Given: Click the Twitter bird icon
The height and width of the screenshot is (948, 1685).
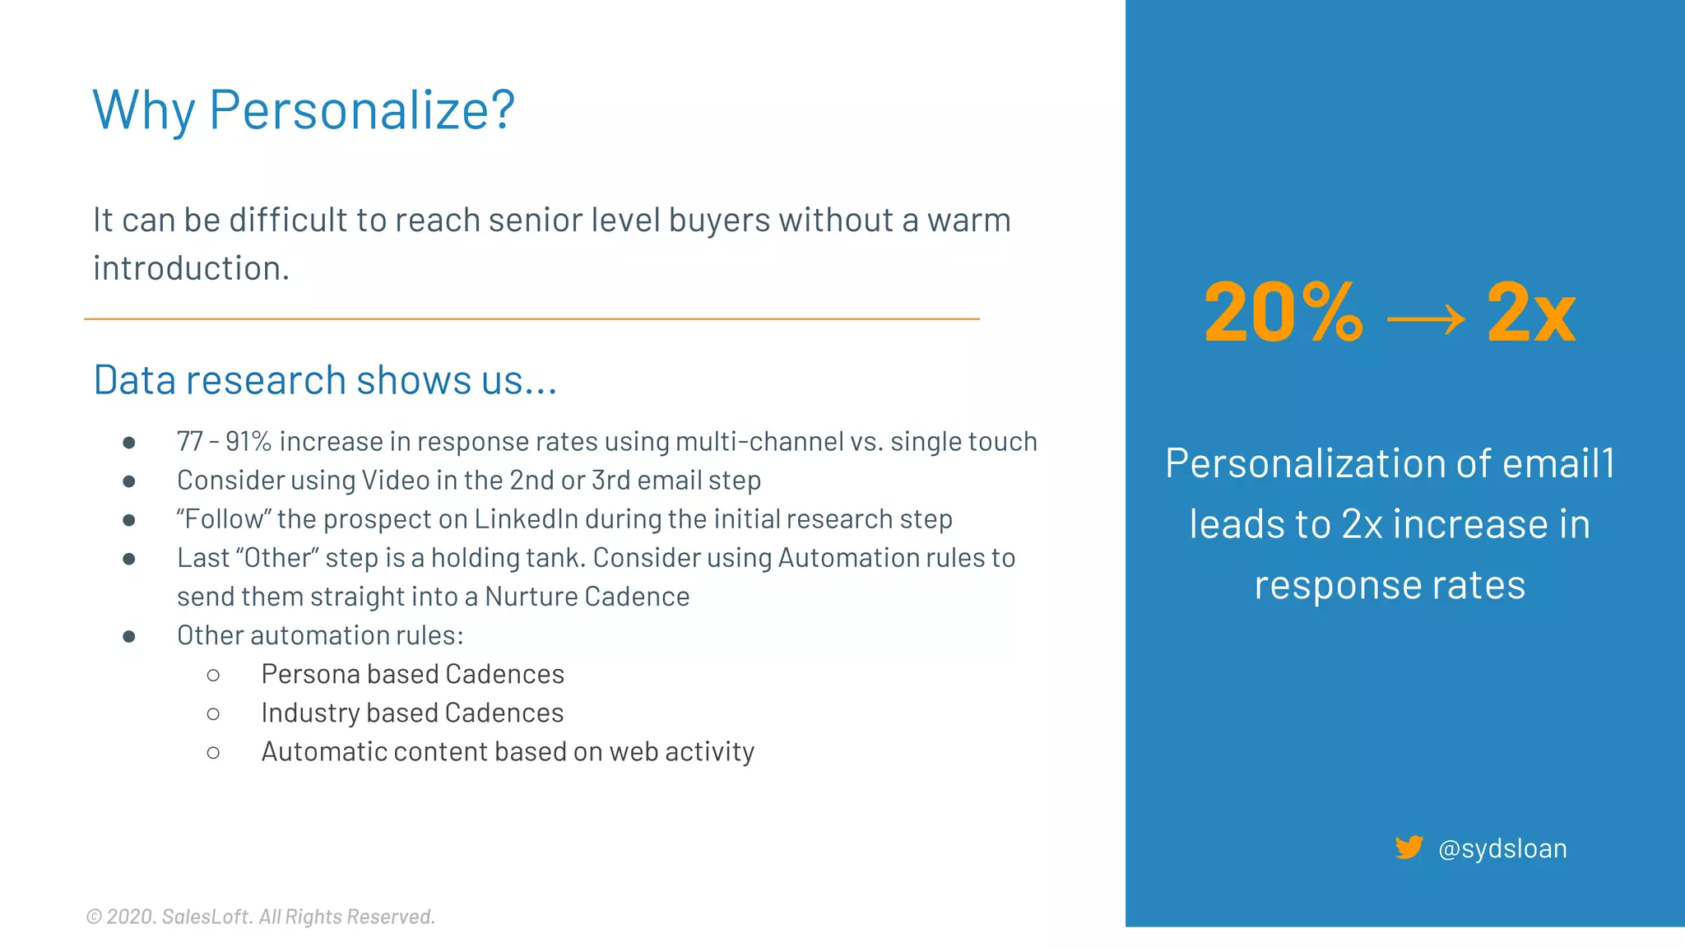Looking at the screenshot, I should point(1409,847).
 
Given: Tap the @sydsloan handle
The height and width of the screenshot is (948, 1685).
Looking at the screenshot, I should point(1502,848).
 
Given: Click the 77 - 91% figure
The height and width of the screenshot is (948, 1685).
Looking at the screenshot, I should point(224,442).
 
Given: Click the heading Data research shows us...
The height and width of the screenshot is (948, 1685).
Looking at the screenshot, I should point(325,380).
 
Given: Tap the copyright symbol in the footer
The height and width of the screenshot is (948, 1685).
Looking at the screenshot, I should point(94,917).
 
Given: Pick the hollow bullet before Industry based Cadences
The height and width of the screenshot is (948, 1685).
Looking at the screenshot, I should point(213,714).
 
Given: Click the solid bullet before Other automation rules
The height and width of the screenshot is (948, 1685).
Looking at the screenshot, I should point(129,636).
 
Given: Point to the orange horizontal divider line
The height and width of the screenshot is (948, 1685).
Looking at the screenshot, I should point(531,318).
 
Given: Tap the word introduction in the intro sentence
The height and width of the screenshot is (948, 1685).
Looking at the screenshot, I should point(191,268).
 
